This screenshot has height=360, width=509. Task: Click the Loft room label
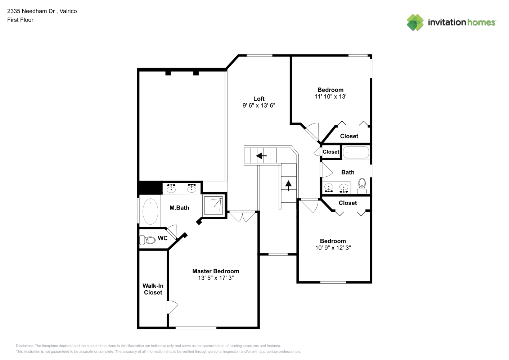pos(259,99)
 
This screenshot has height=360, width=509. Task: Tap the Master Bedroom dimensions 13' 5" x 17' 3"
pos(216,278)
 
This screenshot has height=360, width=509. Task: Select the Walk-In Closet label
pos(153,289)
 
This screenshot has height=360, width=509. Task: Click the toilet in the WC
pos(147,240)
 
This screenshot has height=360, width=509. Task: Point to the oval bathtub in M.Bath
pos(150,211)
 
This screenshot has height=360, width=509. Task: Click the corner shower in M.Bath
pos(214,206)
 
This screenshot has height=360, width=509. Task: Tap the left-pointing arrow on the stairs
pos(261,156)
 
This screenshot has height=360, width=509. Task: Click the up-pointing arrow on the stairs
pos(288,186)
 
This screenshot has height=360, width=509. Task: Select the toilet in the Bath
pos(362,186)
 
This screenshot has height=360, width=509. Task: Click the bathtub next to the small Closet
pos(356,152)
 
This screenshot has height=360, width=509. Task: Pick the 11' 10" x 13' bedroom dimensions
pos(330,96)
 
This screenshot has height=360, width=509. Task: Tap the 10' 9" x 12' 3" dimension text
pos(333,248)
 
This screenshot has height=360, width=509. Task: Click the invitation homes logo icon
pos(415,22)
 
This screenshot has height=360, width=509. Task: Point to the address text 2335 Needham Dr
pos(31,11)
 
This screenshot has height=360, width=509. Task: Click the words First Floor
pos(20,20)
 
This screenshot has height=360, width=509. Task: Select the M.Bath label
pos(179,208)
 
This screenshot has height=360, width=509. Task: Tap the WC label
pos(163,238)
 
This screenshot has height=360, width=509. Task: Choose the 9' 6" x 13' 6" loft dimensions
pos(259,105)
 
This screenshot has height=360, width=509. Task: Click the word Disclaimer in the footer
pos(24,346)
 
